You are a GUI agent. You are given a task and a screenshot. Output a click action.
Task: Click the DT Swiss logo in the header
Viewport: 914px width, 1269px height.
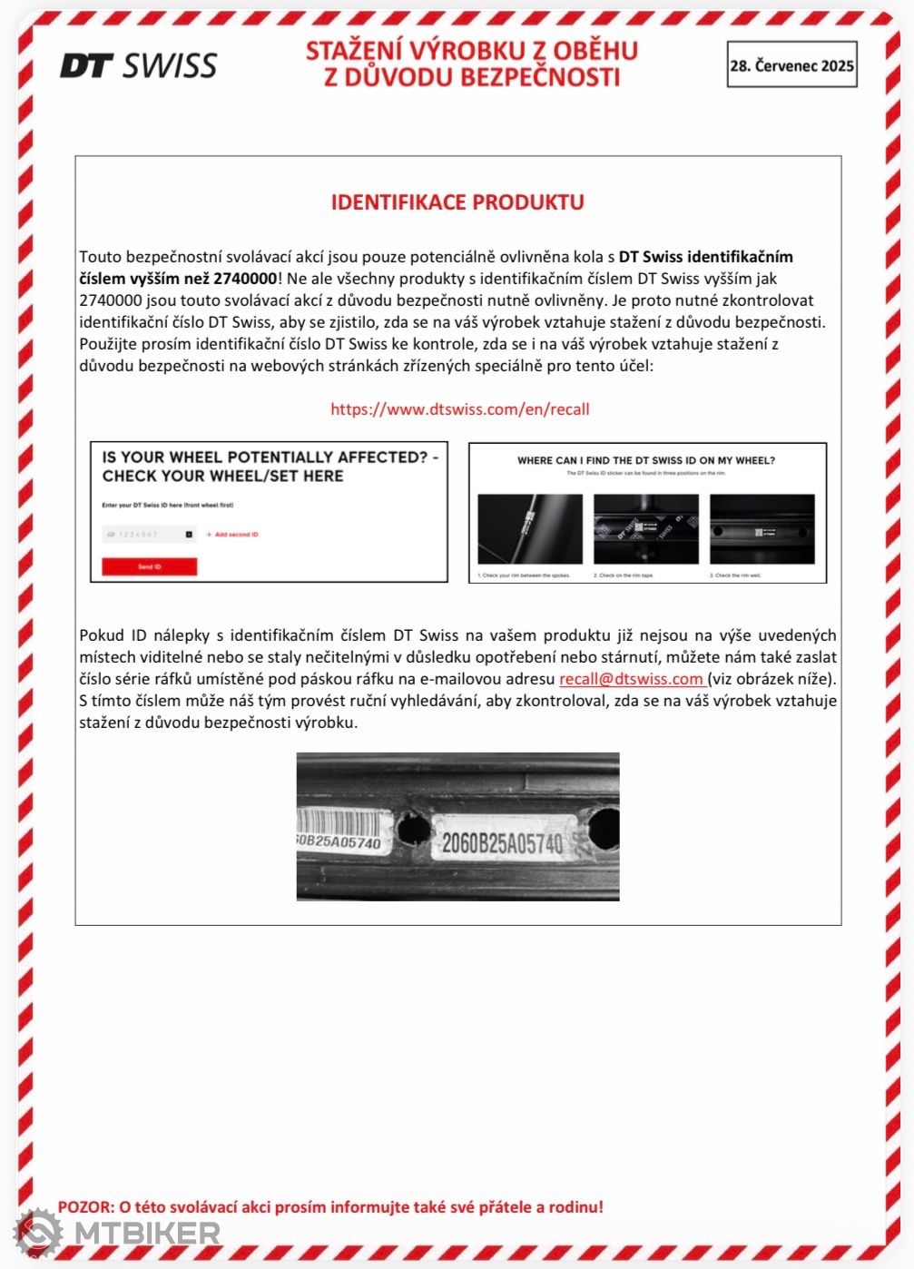138,65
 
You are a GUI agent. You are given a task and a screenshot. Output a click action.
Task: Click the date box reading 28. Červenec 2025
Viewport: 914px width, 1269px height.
791,65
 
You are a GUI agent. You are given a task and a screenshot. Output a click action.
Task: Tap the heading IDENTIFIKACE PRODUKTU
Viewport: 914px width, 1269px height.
457,202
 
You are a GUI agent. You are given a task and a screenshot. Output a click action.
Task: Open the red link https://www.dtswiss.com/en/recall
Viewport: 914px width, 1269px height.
459,408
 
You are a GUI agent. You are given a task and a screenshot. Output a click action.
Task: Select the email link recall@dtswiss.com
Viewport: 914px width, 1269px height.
631,679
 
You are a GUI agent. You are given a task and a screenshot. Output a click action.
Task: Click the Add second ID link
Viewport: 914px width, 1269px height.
233,535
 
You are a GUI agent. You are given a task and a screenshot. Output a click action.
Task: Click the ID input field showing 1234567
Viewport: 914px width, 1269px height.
145,535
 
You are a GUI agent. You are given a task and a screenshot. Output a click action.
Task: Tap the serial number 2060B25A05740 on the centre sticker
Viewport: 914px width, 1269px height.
502,843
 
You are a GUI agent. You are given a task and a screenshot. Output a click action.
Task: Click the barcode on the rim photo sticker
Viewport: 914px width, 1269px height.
339,822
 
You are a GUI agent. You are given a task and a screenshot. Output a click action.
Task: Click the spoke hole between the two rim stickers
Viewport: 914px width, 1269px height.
413,828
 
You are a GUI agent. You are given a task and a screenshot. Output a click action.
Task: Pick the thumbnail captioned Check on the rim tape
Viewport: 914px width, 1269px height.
646,530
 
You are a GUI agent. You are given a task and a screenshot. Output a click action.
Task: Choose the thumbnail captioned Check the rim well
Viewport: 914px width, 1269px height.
762,530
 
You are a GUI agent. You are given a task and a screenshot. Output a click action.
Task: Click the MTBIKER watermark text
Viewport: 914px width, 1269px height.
147,1233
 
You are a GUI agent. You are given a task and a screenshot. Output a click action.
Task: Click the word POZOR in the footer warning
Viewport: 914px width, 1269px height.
85,1207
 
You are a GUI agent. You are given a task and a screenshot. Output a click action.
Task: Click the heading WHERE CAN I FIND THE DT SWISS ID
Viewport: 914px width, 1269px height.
646,460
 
